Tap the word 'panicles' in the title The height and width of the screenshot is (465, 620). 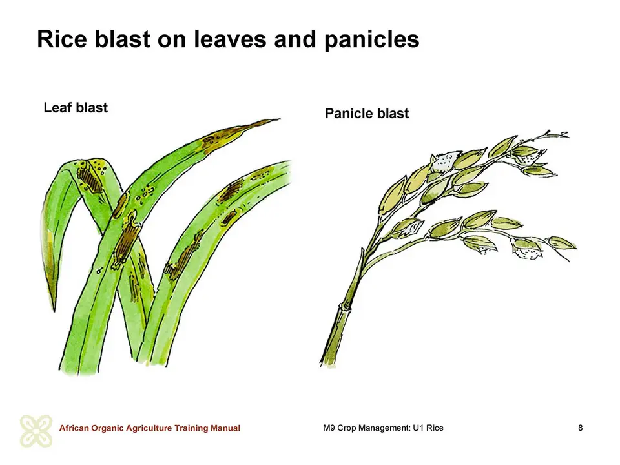[372, 40]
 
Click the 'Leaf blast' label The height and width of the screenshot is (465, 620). [76, 108]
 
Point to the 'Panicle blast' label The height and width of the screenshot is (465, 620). [367, 114]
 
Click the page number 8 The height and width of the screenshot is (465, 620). [580, 428]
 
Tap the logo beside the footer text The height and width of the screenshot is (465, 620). [36, 431]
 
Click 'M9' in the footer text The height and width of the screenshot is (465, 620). [329, 428]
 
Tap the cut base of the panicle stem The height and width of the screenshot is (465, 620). [327, 363]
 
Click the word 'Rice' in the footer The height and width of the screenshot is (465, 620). [435, 428]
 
